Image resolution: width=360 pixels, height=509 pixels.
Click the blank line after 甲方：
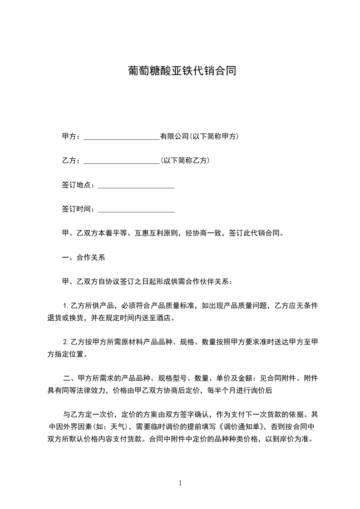[122, 137]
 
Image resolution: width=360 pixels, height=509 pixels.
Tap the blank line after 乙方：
[122, 161]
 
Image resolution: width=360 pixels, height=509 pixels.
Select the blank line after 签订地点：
[136, 185]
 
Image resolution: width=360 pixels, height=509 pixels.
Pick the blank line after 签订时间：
[136, 209]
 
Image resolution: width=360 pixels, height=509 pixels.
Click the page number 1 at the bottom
[180, 483]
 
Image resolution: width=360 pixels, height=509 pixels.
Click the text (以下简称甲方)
[214, 137]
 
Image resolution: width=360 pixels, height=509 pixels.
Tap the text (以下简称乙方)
[185, 161]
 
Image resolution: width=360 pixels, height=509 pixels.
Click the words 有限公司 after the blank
[174, 137]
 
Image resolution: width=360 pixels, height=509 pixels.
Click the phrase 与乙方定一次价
[87, 415]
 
